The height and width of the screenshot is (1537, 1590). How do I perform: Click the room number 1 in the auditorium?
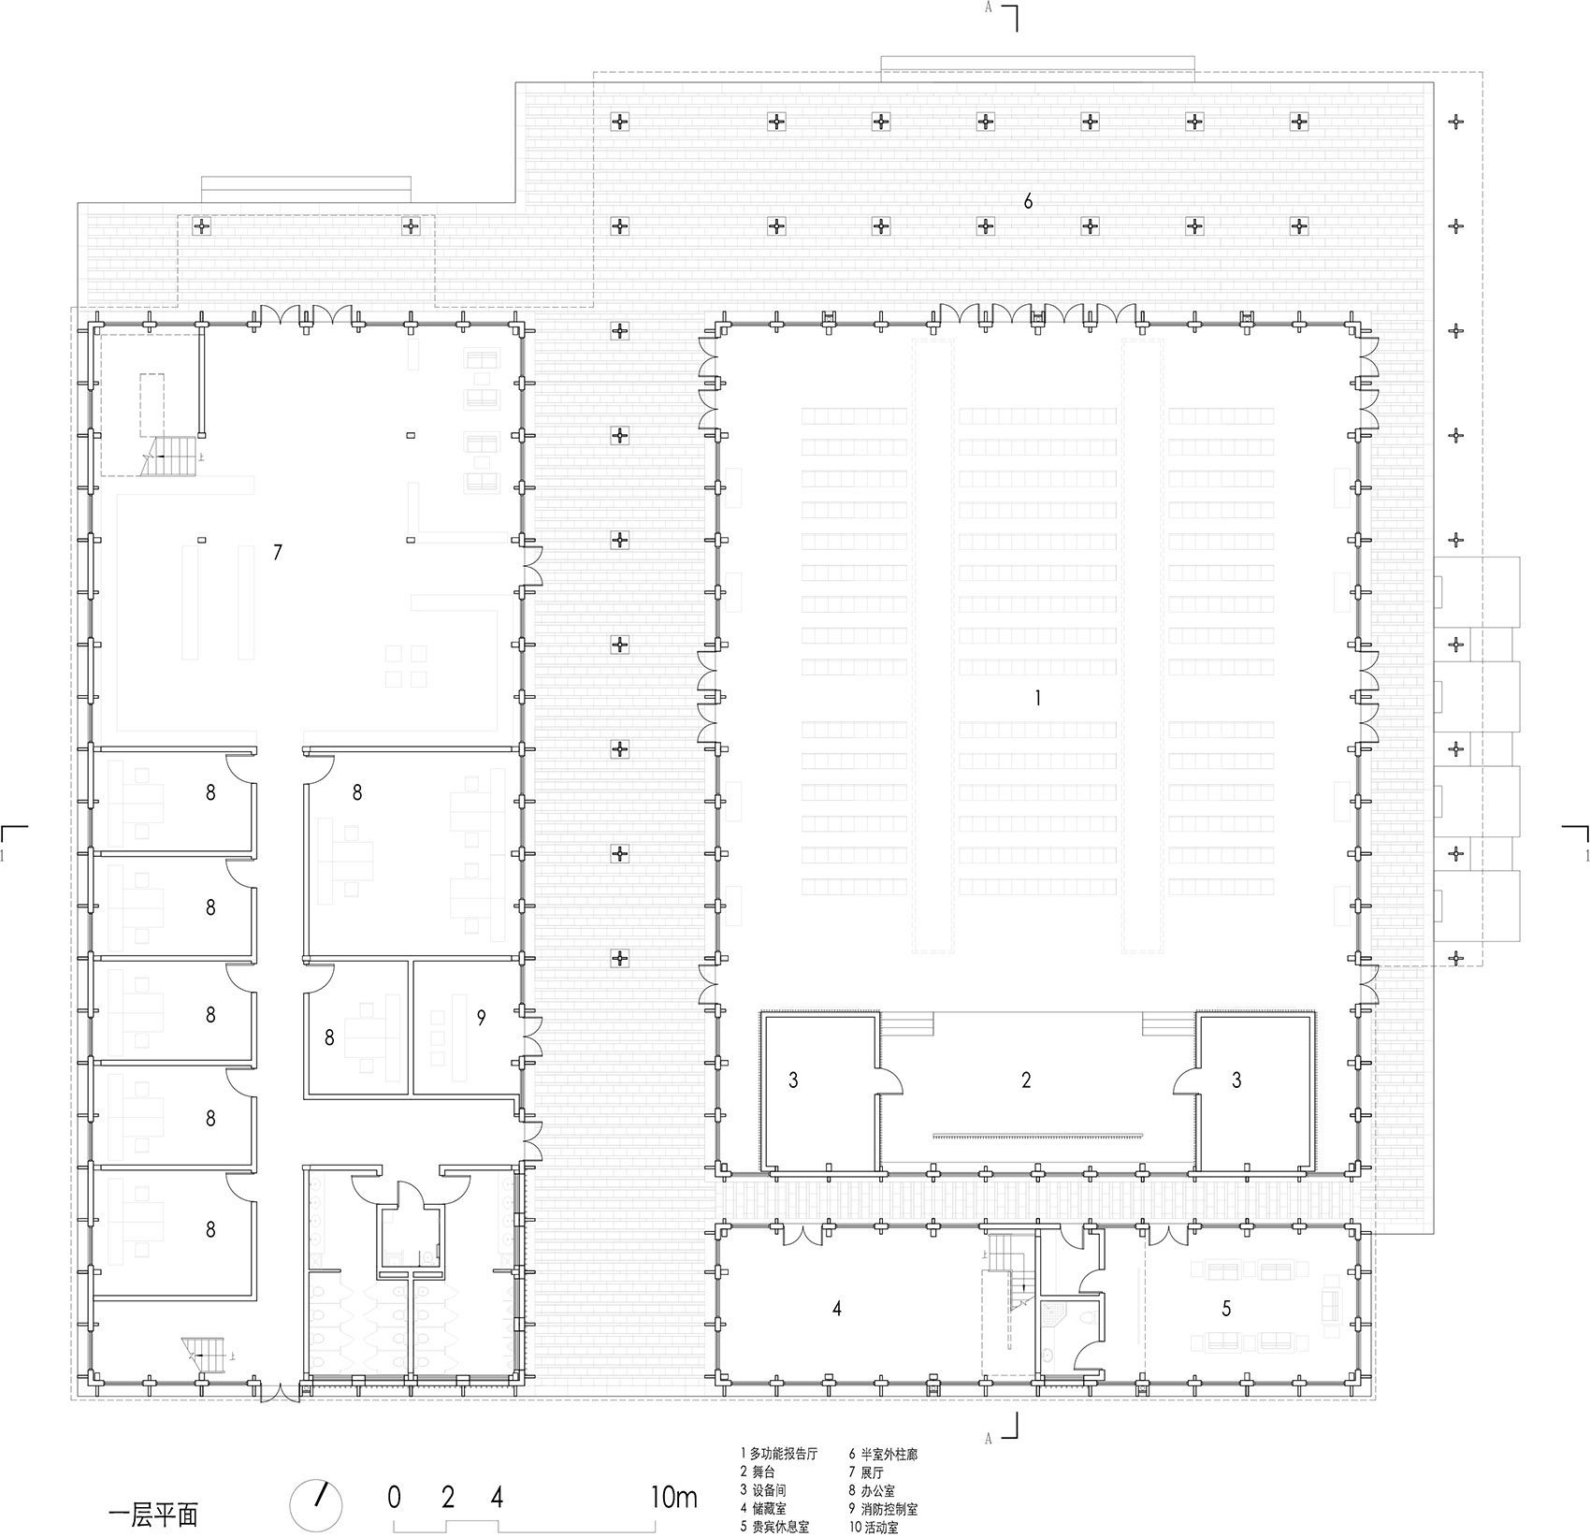click(1036, 697)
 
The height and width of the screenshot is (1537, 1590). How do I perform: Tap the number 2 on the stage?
click(1026, 1080)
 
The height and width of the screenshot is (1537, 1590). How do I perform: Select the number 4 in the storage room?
click(837, 1309)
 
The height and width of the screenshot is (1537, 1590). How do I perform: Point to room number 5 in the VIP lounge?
click(1226, 1309)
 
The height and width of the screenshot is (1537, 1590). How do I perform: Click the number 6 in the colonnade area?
click(1028, 201)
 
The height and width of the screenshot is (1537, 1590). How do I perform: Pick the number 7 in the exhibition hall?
click(277, 552)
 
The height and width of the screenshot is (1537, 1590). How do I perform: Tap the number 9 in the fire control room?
click(481, 1018)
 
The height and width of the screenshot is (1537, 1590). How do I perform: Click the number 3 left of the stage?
click(793, 1080)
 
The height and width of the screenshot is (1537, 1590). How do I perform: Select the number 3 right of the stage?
click(1236, 1080)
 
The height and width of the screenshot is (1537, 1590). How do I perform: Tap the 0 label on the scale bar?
click(395, 1498)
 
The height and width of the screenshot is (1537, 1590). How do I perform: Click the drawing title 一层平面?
click(153, 1514)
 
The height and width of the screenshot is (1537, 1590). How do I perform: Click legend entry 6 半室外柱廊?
click(883, 1454)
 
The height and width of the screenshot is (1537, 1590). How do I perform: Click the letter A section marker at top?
click(989, 8)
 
